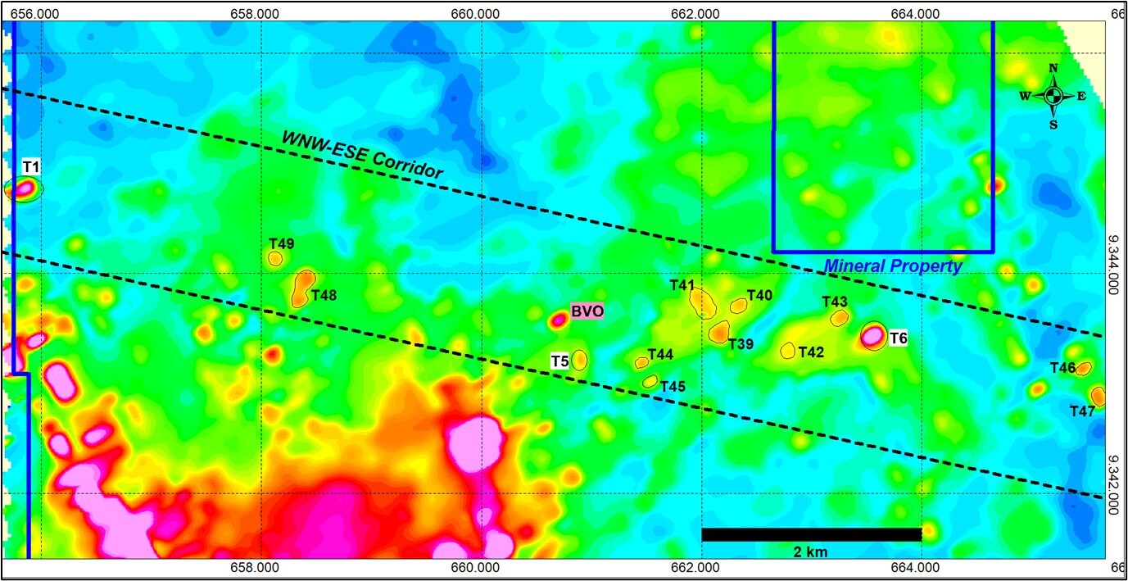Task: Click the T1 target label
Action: tap(31, 167)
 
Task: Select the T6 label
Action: tap(899, 338)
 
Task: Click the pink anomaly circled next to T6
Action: tap(872, 335)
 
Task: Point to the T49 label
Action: tap(281, 243)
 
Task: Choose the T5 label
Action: tap(559, 361)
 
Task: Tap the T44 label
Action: tap(660, 355)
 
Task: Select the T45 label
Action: tap(673, 386)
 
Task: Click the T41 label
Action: tap(682, 285)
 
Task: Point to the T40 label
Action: tap(759, 295)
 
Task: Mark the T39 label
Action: tap(741, 343)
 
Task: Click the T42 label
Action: tap(811, 352)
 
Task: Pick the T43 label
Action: tap(835, 302)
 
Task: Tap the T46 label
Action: tap(1062, 368)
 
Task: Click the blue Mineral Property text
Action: tap(893, 266)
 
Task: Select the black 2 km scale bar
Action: tap(811, 534)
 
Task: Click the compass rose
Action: tap(1053, 96)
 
